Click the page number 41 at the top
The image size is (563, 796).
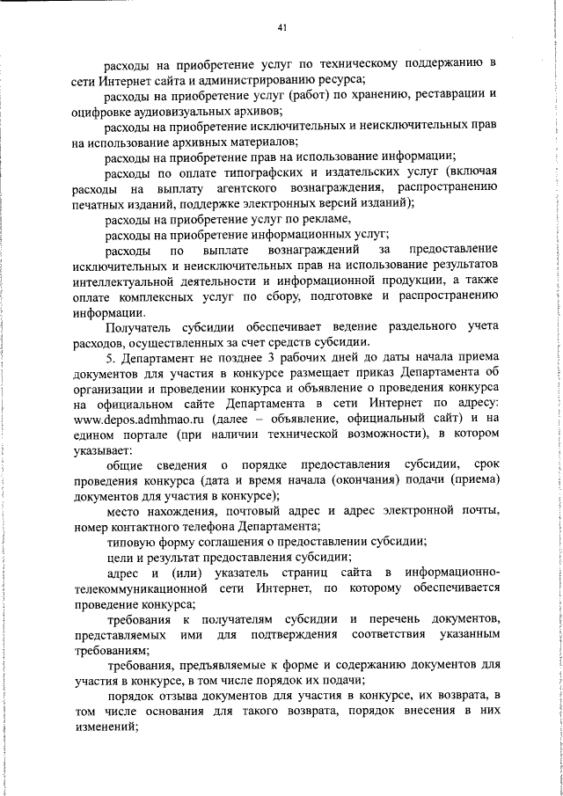point(281,28)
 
